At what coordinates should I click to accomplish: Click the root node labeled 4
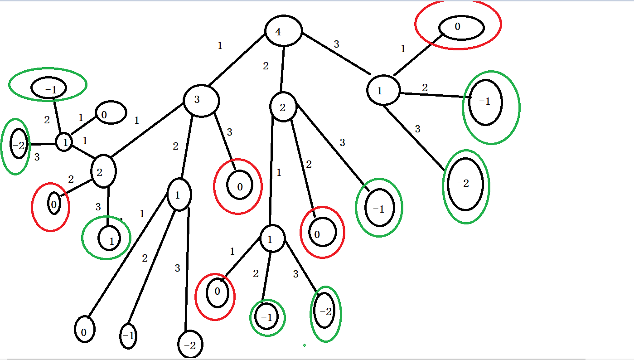coord(283,31)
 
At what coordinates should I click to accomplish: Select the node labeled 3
coord(201,100)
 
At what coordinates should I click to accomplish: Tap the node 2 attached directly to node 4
coord(283,107)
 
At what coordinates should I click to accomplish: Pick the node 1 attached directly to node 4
coord(383,90)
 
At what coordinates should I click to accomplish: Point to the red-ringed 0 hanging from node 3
coord(239,186)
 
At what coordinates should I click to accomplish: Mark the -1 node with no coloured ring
coord(128,336)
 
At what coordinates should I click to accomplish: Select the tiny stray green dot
coord(304,345)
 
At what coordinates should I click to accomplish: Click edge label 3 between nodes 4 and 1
coord(336,44)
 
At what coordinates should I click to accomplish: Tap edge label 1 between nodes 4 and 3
coord(220,46)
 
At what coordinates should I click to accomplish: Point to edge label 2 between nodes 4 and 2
coord(266,66)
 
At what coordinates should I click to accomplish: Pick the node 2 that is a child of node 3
coord(104,171)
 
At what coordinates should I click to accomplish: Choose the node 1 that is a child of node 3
coord(179,195)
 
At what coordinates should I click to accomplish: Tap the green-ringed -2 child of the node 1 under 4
coord(465,184)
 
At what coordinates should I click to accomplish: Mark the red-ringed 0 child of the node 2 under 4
coord(322,233)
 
